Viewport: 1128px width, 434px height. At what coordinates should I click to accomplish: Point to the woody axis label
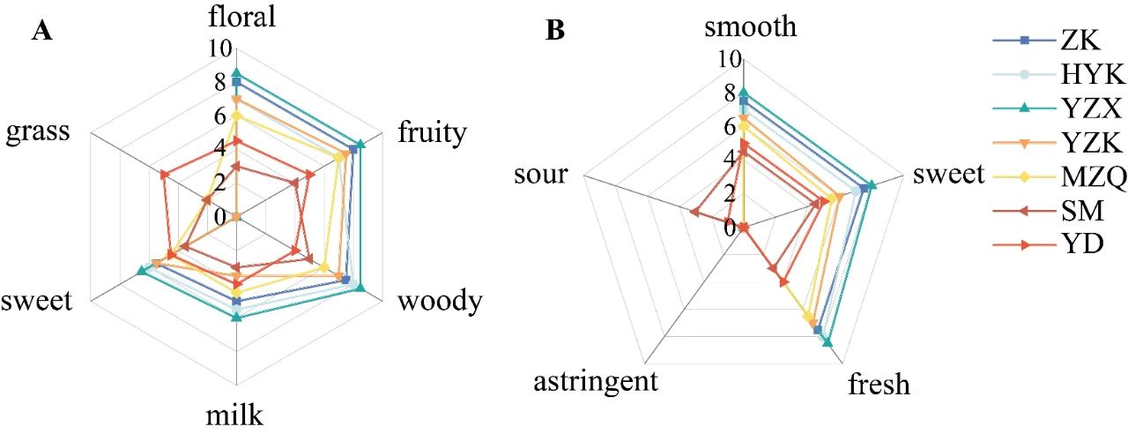point(440,301)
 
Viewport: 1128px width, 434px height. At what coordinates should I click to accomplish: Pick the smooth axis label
point(751,27)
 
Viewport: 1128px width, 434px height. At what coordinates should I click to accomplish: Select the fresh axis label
point(879,385)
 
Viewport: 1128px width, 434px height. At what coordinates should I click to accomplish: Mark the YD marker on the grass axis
point(164,175)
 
